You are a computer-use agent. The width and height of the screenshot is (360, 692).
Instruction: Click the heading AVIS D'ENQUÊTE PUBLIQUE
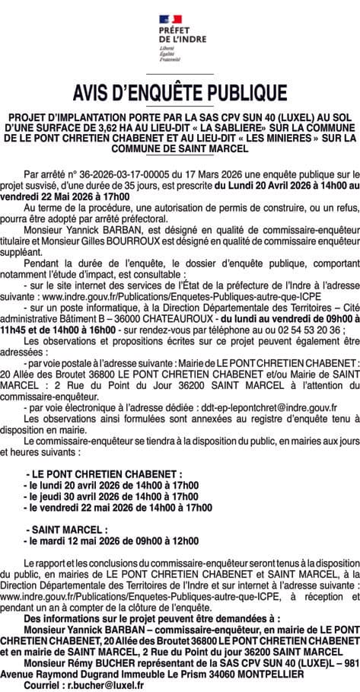click(x=180, y=93)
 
